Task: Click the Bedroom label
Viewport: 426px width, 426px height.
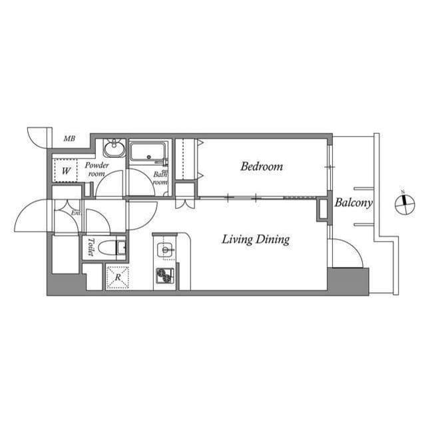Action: tap(262, 166)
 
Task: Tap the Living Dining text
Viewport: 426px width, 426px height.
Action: tap(256, 240)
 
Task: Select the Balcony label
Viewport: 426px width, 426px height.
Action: tap(353, 203)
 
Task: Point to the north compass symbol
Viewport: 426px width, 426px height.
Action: tap(404, 204)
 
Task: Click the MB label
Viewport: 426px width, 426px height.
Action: tap(69, 139)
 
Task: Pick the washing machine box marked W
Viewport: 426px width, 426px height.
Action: tap(65, 170)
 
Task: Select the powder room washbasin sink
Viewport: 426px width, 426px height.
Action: tap(114, 147)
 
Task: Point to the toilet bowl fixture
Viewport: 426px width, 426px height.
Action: tap(110, 248)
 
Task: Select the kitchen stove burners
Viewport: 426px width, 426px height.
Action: tap(164, 275)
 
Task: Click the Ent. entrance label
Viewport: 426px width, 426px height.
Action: tap(76, 213)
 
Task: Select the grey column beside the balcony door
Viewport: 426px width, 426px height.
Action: tap(347, 280)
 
